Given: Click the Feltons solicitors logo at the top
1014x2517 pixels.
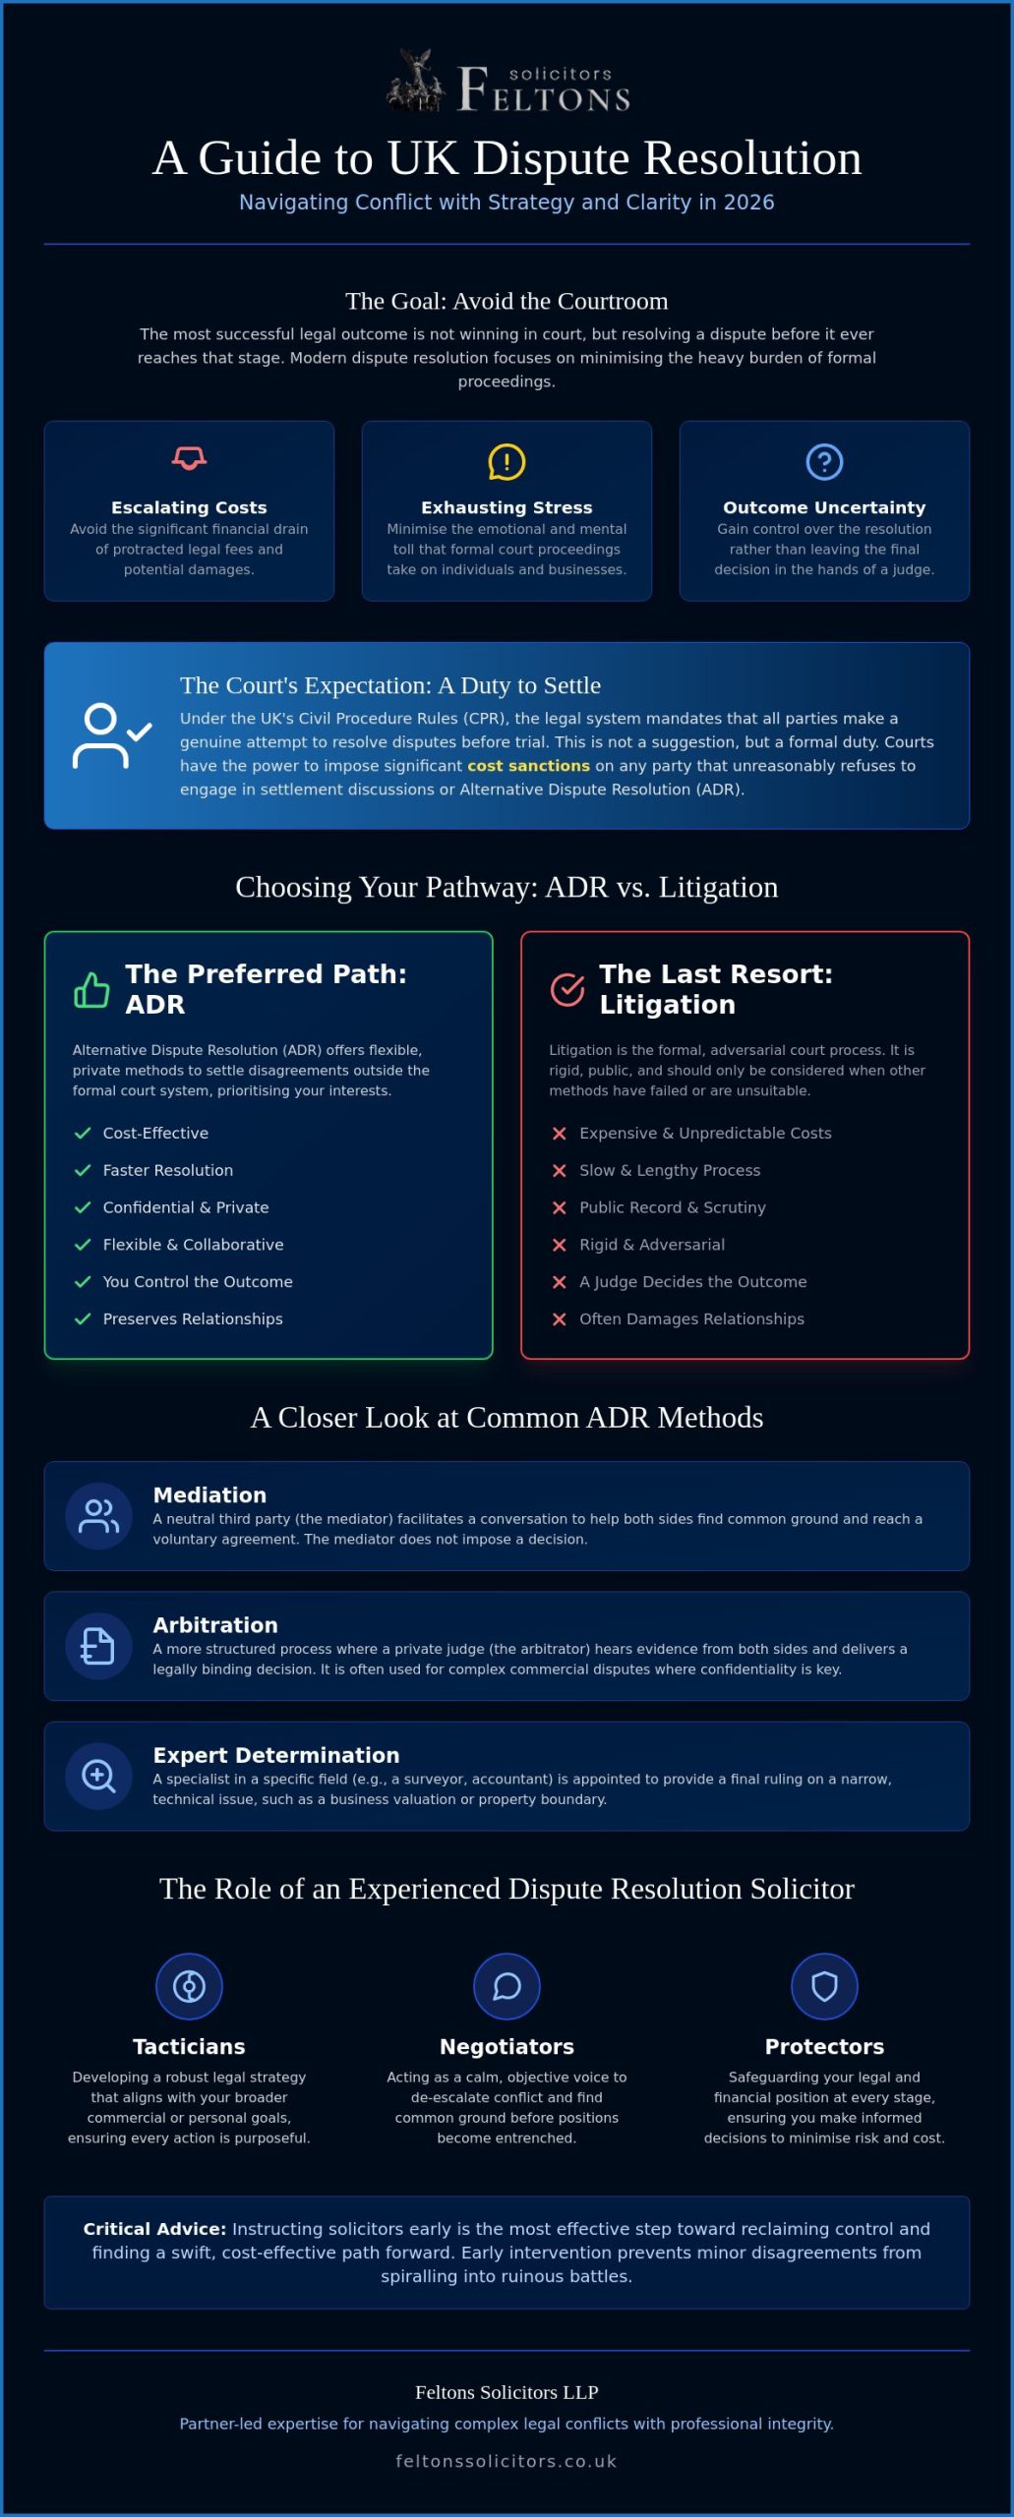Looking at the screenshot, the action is click(507, 81).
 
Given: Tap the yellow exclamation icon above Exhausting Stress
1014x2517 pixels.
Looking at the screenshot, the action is click(507, 461).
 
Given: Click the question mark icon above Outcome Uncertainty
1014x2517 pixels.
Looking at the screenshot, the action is click(824, 461).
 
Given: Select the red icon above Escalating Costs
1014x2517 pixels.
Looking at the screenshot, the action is click(189, 458).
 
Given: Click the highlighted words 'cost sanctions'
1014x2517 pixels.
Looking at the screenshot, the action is click(528, 766).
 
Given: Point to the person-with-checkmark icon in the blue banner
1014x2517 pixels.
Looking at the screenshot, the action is click(111, 734).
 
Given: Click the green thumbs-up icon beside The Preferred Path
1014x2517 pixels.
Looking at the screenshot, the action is click(91, 989).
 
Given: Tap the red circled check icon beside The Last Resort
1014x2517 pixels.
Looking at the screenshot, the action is click(567, 989).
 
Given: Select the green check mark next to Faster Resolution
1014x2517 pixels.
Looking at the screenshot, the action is click(83, 1170).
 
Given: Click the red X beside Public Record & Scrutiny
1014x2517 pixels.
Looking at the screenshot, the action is click(559, 1207).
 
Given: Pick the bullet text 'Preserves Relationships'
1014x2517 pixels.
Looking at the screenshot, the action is click(193, 1318).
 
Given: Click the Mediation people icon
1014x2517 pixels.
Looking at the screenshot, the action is click(98, 1516).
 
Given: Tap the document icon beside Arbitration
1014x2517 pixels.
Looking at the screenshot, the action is click(98, 1646).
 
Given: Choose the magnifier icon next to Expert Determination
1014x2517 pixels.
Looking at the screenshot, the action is click(98, 1776).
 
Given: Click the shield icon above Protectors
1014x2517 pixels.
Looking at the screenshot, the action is click(824, 1986).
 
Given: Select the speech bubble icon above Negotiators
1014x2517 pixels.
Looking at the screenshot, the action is click(507, 1986).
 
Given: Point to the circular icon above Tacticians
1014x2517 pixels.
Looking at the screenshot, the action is click(189, 1986).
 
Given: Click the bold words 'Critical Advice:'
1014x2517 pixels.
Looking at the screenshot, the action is click(154, 2229).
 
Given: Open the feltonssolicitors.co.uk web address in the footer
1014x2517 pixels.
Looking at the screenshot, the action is click(507, 2461).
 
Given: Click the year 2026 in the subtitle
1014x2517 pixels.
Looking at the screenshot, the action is click(748, 202).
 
